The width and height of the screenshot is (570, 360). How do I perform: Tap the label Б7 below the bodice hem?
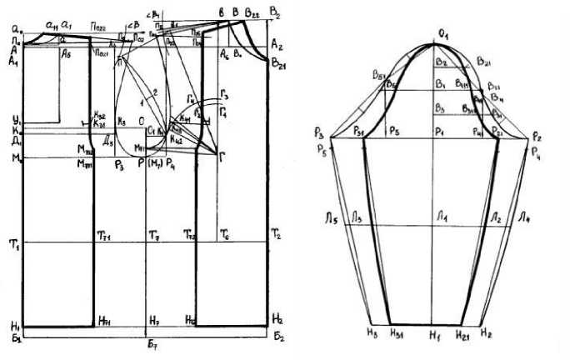click(x=150, y=344)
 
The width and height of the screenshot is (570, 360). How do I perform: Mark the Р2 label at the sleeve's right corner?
click(x=536, y=133)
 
